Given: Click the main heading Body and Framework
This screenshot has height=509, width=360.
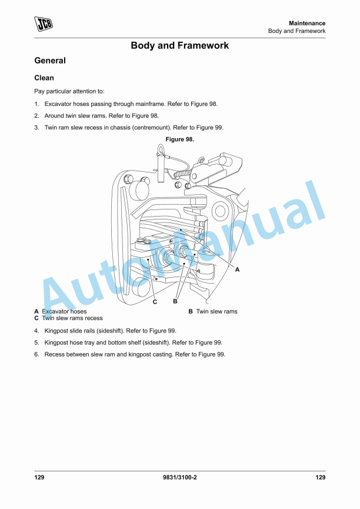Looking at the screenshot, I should [179, 45].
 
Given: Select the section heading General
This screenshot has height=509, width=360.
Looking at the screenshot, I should [50, 61].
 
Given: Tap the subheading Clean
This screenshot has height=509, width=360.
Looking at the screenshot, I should [44, 78].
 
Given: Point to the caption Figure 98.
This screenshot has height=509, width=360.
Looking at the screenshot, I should [180, 139].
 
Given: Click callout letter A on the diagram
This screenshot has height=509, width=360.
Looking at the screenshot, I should [238, 269].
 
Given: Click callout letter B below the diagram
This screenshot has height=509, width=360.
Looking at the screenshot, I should [175, 301].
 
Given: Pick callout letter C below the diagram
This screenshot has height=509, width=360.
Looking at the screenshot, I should [155, 302].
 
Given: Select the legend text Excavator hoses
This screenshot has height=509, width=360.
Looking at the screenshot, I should [64, 311].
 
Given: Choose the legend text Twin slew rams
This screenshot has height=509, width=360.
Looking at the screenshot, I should [216, 311].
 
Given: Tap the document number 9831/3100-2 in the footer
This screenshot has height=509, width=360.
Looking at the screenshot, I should [179, 477].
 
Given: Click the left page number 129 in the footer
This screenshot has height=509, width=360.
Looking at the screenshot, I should [39, 477].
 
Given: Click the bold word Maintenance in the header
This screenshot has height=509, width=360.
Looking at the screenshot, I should [307, 23].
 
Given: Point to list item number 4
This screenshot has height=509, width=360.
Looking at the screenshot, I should [36, 331].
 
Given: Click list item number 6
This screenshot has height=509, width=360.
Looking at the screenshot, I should [36, 354].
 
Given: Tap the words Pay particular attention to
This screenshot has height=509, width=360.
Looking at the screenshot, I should [69, 91].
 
